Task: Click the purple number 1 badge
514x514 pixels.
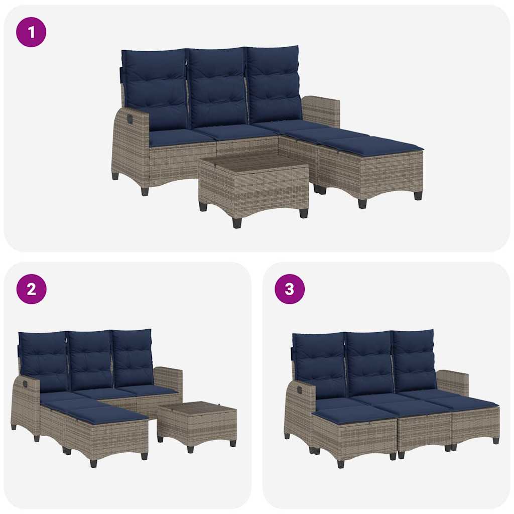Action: (x=31, y=33)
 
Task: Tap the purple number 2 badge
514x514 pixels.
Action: (x=31, y=289)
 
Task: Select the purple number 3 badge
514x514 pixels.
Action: (x=290, y=289)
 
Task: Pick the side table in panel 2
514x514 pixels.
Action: (x=197, y=422)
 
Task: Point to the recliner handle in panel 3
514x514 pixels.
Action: (x=299, y=388)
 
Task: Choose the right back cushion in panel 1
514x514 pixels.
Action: (x=274, y=84)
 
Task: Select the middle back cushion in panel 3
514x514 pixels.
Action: (x=369, y=361)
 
